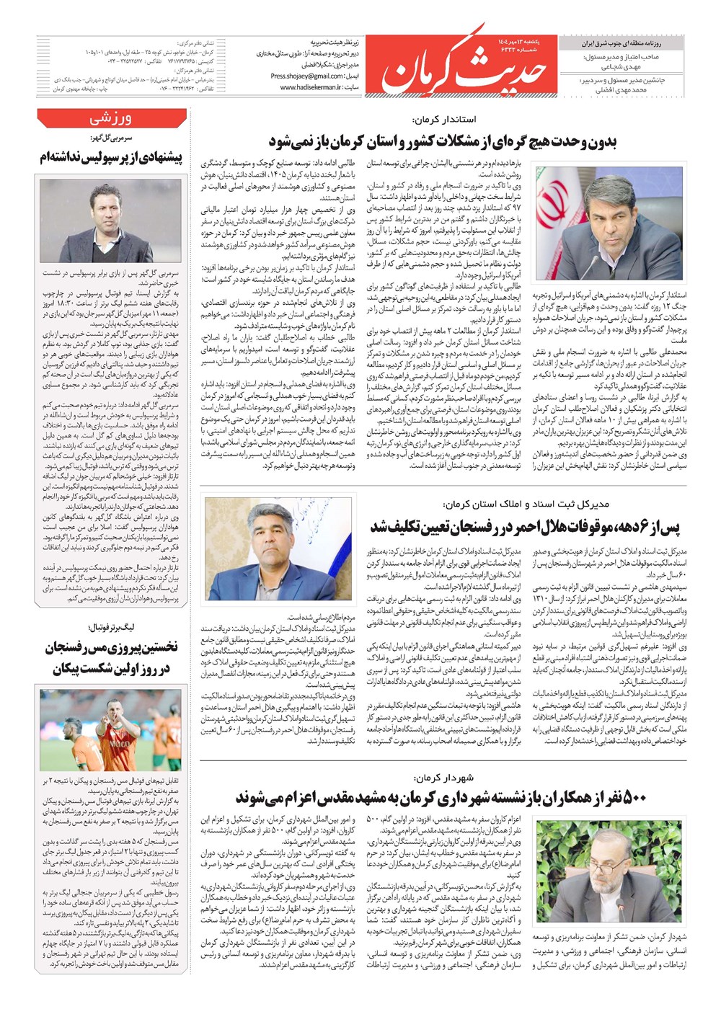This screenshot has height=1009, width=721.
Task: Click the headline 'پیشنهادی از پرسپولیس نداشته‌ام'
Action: pos(111,158)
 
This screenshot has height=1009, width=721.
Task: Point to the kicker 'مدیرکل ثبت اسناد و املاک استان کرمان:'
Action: pos(526,504)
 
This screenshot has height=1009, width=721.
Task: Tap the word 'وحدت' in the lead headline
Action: pos(574,141)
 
